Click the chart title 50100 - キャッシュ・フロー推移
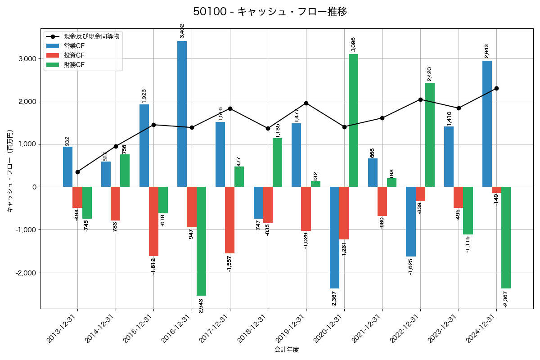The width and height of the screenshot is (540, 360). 270,12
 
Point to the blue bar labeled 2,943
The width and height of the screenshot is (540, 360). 487,124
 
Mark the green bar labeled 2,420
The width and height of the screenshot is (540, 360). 430,135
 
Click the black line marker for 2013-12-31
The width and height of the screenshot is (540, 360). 77,172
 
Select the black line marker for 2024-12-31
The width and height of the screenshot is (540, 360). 496,88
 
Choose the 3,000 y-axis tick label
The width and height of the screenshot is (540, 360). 27,58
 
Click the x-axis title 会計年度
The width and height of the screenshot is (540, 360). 287,350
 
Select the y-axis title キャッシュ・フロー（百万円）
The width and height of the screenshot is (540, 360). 10,171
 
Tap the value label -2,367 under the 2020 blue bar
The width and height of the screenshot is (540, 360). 333,299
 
